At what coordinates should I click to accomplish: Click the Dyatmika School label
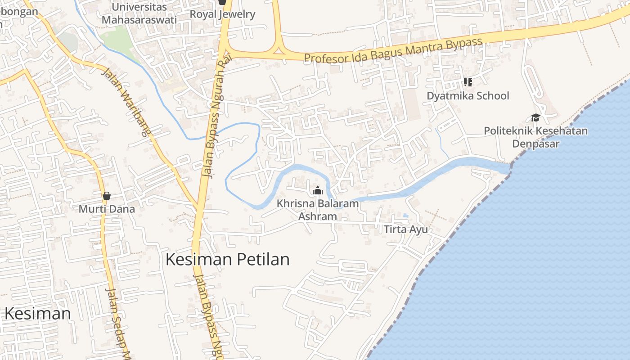(468, 96)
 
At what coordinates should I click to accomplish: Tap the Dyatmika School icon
(468, 82)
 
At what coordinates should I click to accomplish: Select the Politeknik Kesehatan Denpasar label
(535, 137)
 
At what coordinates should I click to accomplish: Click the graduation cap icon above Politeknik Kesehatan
(535, 118)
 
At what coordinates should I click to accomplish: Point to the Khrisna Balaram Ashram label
(318, 210)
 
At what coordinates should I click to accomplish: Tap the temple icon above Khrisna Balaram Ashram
(318, 190)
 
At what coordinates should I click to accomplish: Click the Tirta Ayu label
(405, 229)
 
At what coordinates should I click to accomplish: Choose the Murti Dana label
(107, 209)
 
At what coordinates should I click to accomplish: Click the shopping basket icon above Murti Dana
(107, 196)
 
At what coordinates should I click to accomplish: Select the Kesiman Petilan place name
(228, 260)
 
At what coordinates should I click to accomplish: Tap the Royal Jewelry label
(222, 14)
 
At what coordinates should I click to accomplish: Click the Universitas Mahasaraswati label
(139, 13)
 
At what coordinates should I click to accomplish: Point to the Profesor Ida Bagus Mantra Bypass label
(393, 50)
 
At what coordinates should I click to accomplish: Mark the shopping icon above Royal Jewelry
(222, 2)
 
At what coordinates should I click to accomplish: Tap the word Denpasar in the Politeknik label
(535, 144)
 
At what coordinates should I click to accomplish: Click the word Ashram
(318, 216)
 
